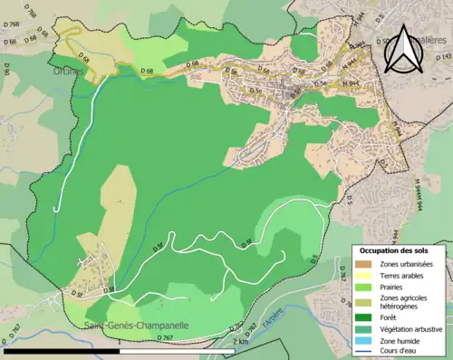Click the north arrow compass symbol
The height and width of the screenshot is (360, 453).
402,53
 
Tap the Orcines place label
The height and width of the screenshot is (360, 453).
68,71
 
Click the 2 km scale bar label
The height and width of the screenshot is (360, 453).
239,343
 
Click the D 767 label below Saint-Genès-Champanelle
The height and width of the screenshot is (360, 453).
165,337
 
